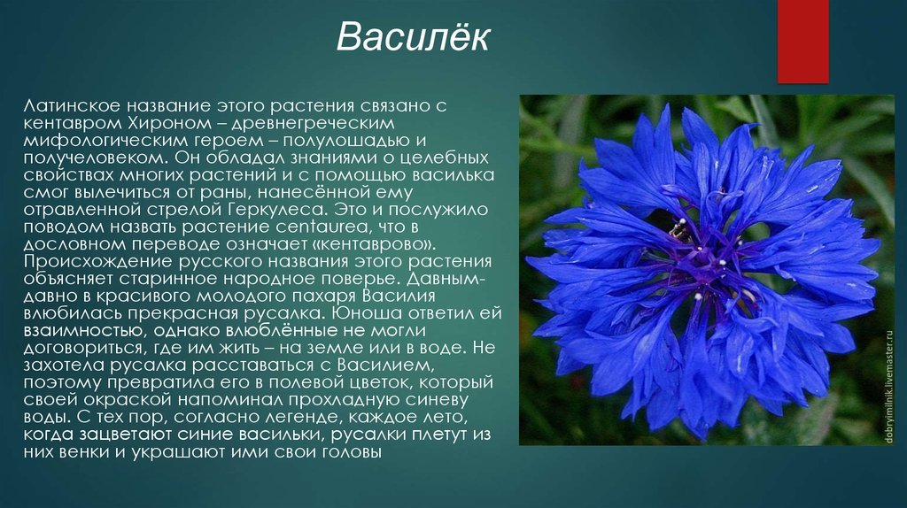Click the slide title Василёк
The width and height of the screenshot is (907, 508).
tap(413, 37)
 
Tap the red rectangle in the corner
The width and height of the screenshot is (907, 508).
tap(802, 41)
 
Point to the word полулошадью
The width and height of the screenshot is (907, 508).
tap(346, 141)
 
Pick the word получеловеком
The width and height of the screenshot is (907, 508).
tap(94, 158)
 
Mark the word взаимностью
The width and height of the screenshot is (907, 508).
tap(83, 331)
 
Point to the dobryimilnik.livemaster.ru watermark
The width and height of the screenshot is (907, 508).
tap(889, 387)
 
